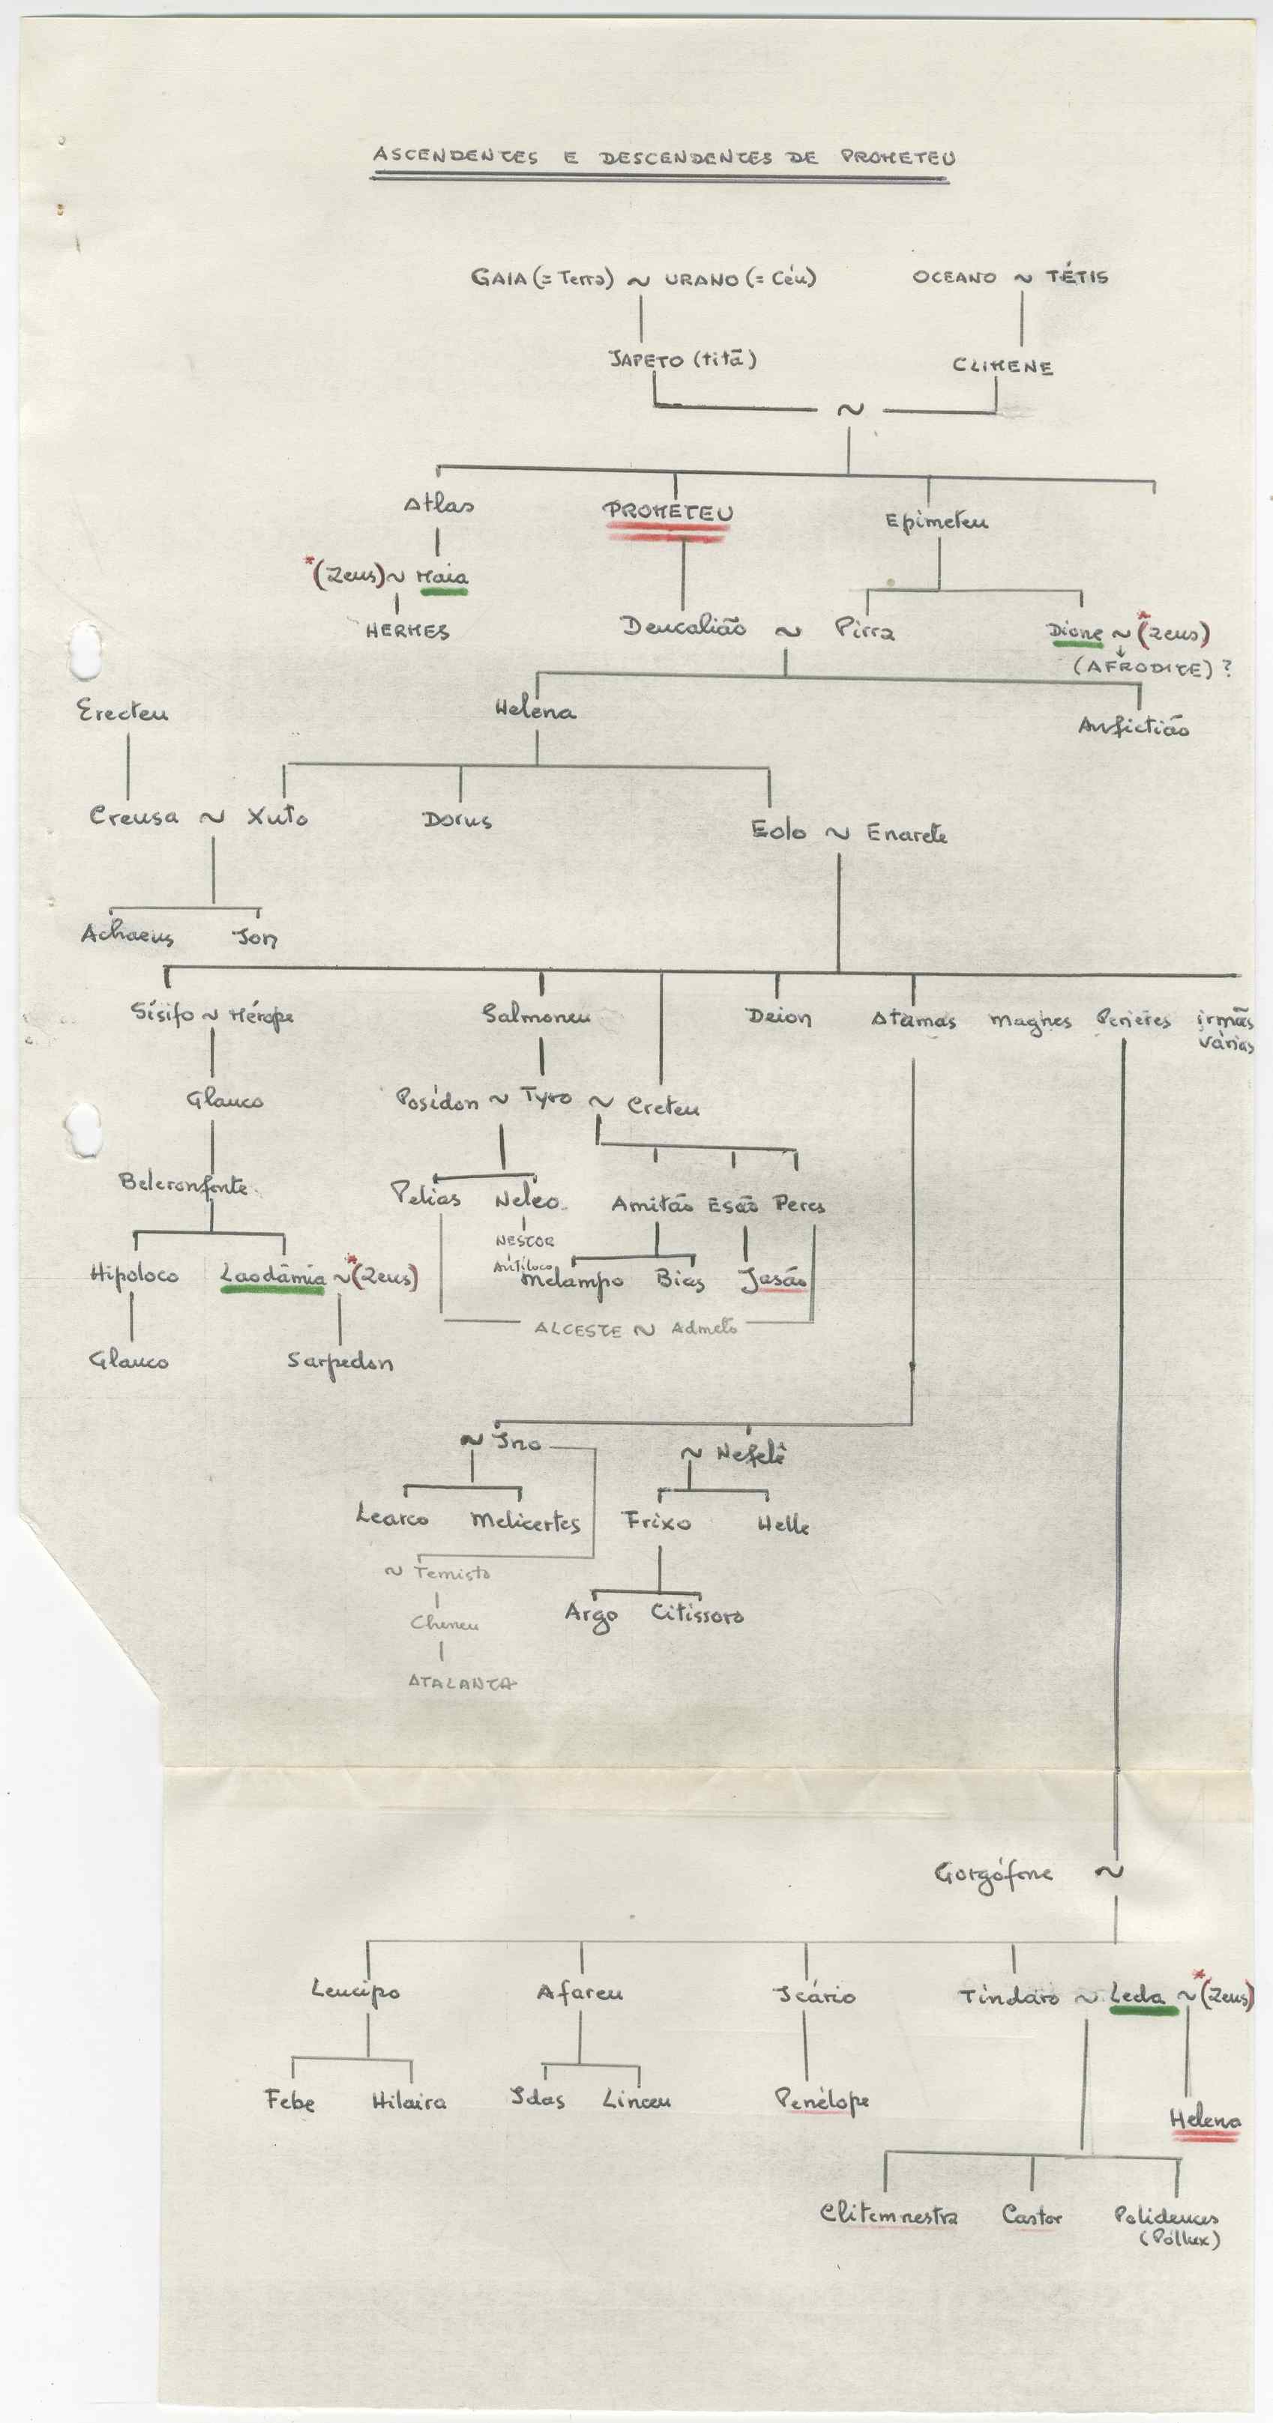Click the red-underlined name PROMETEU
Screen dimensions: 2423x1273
point(668,512)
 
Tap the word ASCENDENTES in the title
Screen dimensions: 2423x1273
point(455,155)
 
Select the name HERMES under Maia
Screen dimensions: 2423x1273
point(407,631)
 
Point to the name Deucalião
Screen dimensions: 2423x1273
point(683,627)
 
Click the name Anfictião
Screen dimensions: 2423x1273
point(1134,727)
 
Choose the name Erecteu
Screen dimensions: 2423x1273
point(122,712)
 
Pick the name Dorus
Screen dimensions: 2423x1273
point(457,819)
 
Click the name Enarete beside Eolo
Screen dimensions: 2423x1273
point(906,833)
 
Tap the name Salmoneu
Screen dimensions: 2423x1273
point(536,1015)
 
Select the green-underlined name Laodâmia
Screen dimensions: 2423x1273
point(273,1276)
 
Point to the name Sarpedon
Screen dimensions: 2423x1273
point(340,1362)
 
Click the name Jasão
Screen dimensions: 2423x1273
point(774,1279)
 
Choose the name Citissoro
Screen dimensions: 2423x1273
point(697,1614)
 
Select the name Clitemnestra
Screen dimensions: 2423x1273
point(889,2214)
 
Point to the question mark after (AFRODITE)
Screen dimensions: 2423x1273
point(1226,668)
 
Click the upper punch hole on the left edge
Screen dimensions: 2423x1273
point(85,649)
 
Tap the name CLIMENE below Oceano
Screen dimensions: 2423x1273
point(1002,366)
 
